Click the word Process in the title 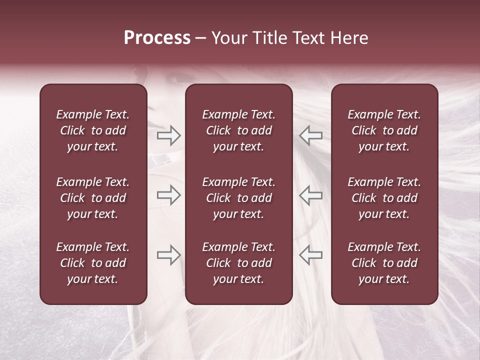157,38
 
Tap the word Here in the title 349,38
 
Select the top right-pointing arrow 169,135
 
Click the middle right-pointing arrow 169,195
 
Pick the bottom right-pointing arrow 169,255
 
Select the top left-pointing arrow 310,135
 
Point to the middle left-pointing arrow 310,195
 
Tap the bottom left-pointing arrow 310,255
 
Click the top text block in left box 93,130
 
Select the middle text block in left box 93,198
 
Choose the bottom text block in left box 93,263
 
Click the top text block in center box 238,130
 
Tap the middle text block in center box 238,198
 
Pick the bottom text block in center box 238,263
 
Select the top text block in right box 384,130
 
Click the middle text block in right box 384,198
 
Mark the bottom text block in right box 384,263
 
